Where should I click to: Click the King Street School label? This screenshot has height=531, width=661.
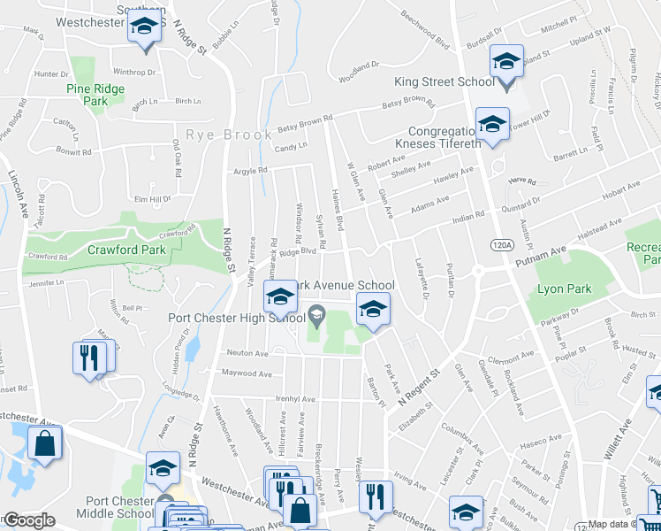pos(444,82)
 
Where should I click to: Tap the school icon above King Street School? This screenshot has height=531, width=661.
pos(506,62)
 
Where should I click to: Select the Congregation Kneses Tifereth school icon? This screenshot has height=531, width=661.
pos(492,122)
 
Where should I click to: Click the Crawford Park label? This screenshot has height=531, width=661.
pos(127,250)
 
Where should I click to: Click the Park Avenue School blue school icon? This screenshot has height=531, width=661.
pos(373,310)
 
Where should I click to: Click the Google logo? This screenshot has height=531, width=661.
pos(28,520)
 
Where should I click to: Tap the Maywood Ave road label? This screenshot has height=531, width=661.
pos(247,373)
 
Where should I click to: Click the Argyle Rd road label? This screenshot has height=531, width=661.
pos(250,171)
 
